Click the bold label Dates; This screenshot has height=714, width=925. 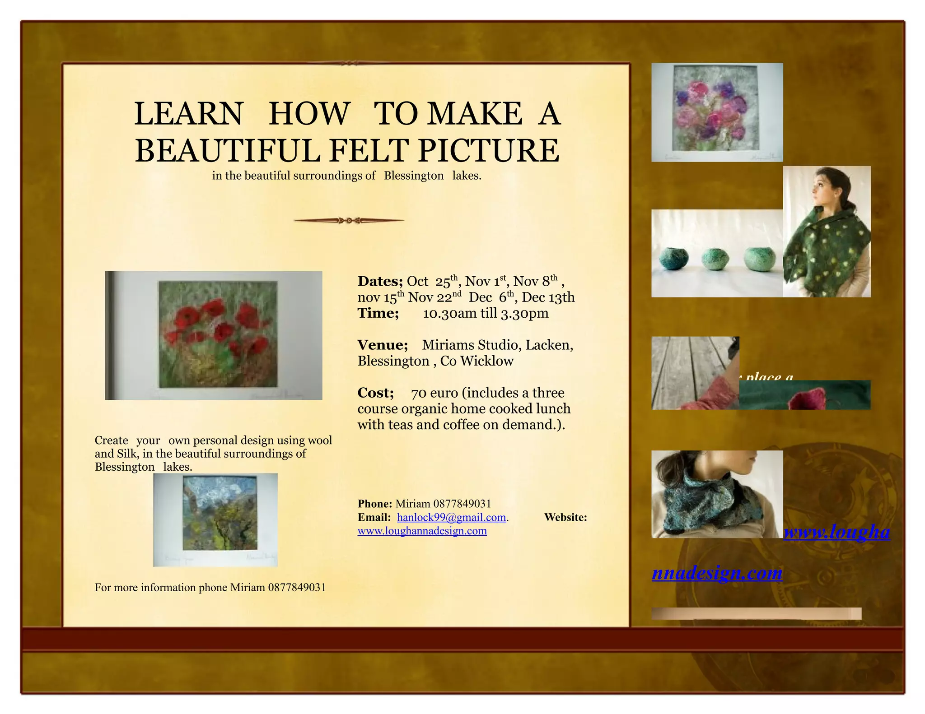(380, 281)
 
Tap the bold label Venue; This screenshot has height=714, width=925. (383, 345)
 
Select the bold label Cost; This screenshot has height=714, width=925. (375, 393)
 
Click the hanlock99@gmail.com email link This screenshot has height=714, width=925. (451, 518)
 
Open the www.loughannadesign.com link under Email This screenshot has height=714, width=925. (422, 531)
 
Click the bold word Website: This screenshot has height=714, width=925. (565, 518)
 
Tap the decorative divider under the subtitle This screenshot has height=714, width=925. (349, 221)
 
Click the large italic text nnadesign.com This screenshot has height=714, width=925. (717, 573)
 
